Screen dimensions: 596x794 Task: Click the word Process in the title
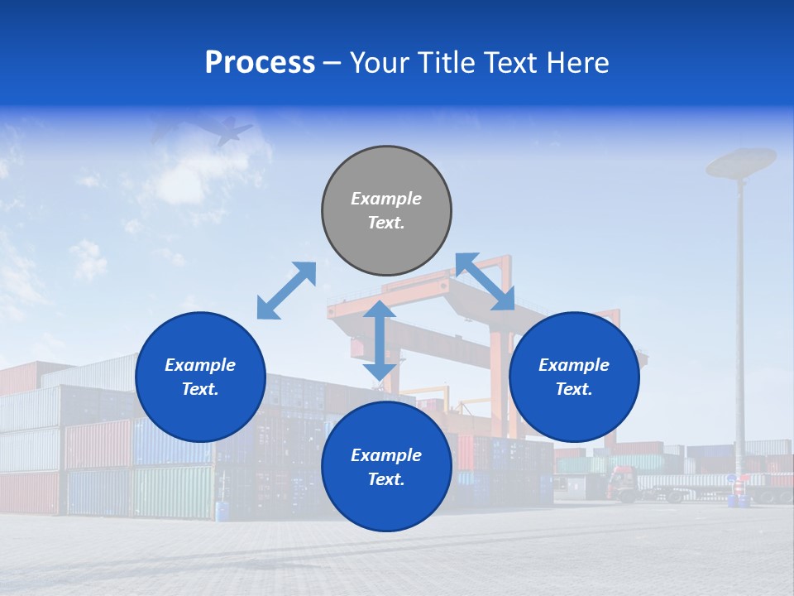pyautogui.click(x=260, y=63)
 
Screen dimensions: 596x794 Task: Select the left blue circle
pyautogui.click(x=200, y=377)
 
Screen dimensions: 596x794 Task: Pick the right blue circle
pyautogui.click(x=574, y=377)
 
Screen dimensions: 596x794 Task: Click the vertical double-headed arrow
pyautogui.click(x=380, y=341)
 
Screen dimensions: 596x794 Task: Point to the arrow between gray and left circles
pyautogui.click(x=286, y=291)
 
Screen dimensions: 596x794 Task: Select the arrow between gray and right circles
pyautogui.click(x=485, y=282)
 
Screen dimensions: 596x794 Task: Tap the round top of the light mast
pyautogui.click(x=741, y=161)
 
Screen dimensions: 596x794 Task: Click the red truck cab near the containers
pyautogui.click(x=622, y=481)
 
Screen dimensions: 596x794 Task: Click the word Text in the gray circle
pyautogui.click(x=386, y=223)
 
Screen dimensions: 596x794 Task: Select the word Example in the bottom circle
pyautogui.click(x=386, y=455)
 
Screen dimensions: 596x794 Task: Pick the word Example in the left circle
pyautogui.click(x=200, y=365)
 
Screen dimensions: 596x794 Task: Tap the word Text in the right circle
pyautogui.click(x=574, y=389)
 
